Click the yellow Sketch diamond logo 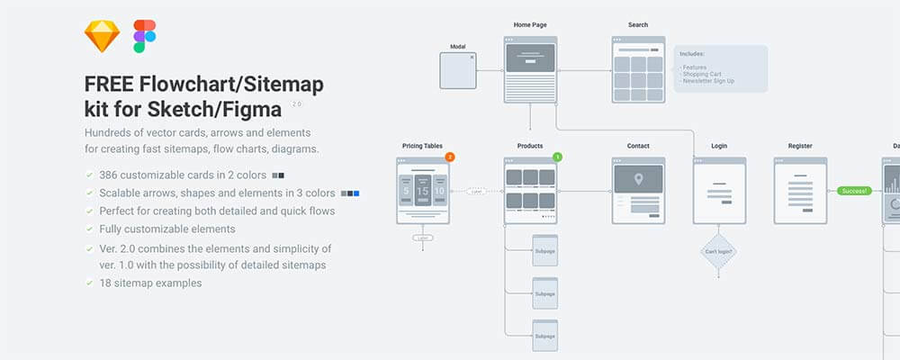click(102, 37)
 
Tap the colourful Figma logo click(144, 37)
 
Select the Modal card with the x click(458, 71)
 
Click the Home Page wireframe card click(531, 68)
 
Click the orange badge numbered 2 click(450, 157)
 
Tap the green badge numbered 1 click(557, 157)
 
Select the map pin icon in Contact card click(638, 179)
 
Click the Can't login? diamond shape click(719, 251)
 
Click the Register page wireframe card click(800, 190)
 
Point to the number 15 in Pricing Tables click(423, 192)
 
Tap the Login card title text click(719, 146)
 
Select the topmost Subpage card click(544, 250)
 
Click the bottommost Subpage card click(544, 336)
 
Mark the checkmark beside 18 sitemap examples click(88, 283)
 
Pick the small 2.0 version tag click(296, 104)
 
